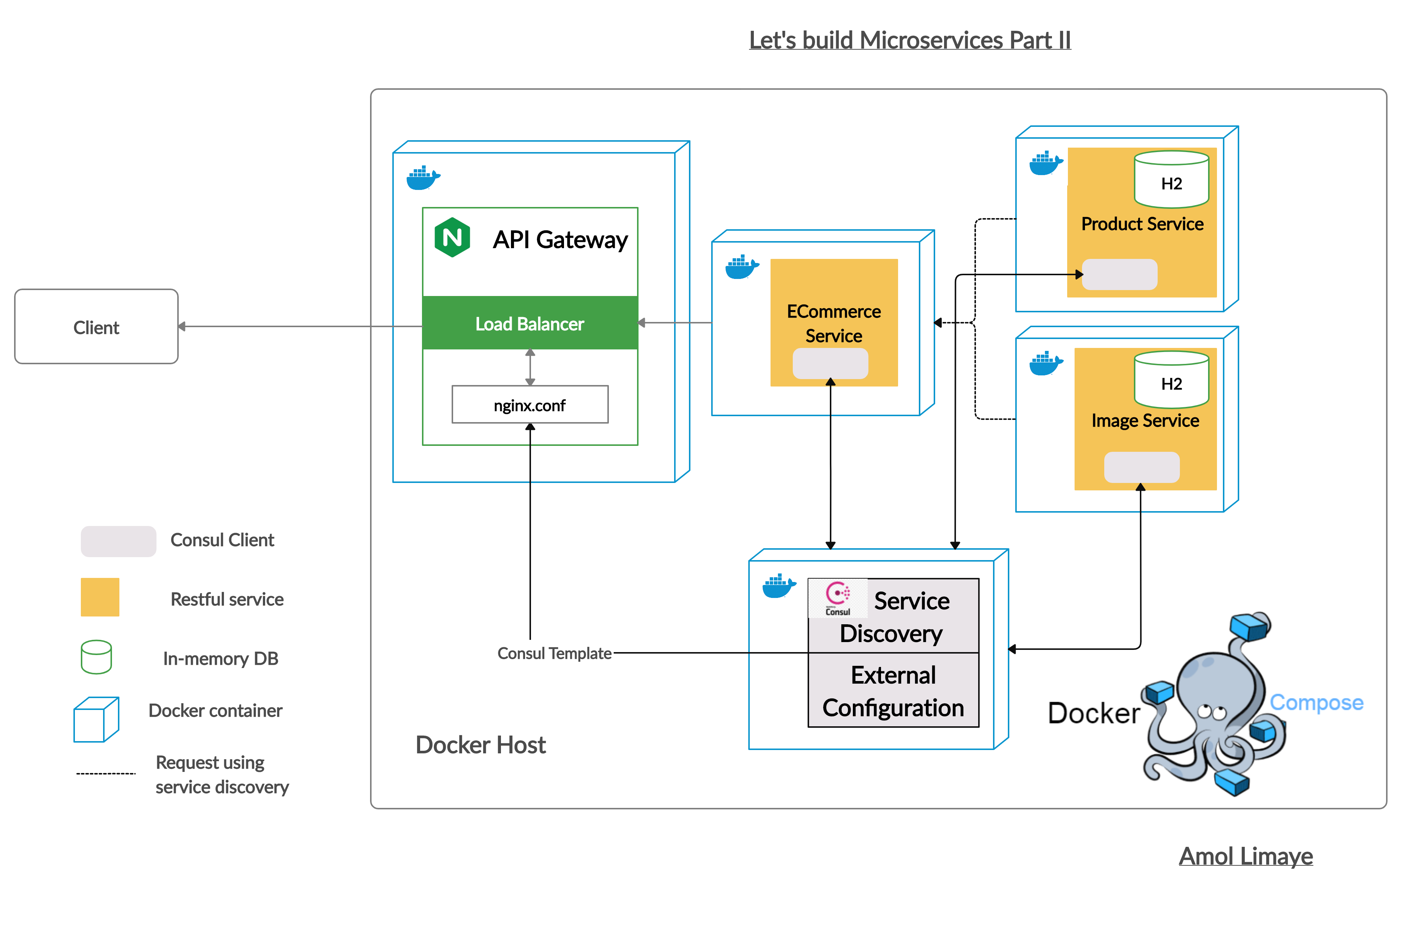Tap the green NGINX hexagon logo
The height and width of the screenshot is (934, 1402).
click(452, 237)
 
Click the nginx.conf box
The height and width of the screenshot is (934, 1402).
click(530, 405)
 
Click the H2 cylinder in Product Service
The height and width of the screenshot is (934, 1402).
click(1171, 179)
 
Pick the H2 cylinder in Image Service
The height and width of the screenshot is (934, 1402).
click(1171, 379)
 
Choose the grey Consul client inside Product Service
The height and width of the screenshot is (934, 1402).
click(1119, 274)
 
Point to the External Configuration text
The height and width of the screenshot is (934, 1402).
click(893, 691)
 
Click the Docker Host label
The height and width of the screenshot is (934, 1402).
click(481, 744)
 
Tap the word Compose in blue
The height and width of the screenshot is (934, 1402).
click(1316, 703)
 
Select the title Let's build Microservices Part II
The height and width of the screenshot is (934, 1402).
click(910, 40)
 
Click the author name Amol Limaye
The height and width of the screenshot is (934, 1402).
click(1246, 856)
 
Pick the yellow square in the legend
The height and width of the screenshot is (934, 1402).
click(100, 597)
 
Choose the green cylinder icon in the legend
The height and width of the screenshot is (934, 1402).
click(96, 657)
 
